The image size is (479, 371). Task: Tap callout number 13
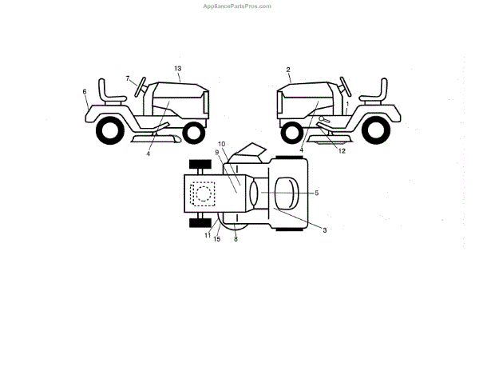[x=177, y=70]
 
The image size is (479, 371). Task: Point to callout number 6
[x=85, y=92]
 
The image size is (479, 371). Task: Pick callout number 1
[x=347, y=104]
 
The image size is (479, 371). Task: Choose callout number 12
[x=342, y=150]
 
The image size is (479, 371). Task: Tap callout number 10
[x=223, y=144]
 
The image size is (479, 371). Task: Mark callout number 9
[x=216, y=153]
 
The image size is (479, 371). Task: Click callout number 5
[x=316, y=193]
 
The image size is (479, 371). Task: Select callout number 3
[x=324, y=229]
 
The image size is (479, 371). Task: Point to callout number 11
[x=206, y=234]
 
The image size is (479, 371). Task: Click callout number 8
[x=236, y=238]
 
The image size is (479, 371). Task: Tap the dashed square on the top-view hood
[x=203, y=193]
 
